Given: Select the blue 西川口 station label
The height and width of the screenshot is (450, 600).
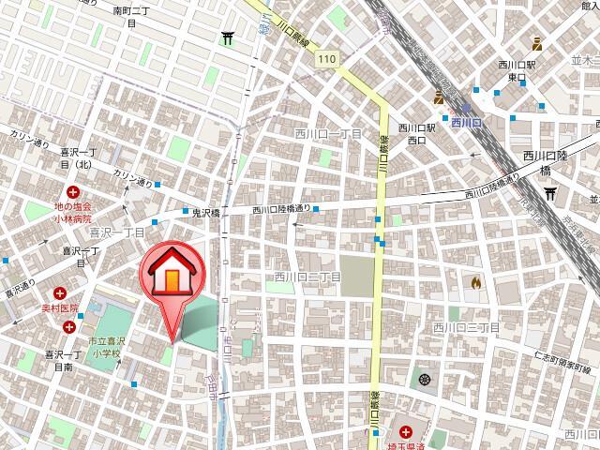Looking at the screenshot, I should pos(465,122).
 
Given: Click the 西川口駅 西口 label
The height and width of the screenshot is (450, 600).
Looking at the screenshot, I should pos(416,134).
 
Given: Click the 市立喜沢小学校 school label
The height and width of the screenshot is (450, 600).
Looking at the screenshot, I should pos(106,348).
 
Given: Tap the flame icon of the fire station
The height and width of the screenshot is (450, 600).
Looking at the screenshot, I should pos(476,280).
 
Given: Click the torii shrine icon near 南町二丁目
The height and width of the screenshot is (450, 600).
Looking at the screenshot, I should pos(228,38).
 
